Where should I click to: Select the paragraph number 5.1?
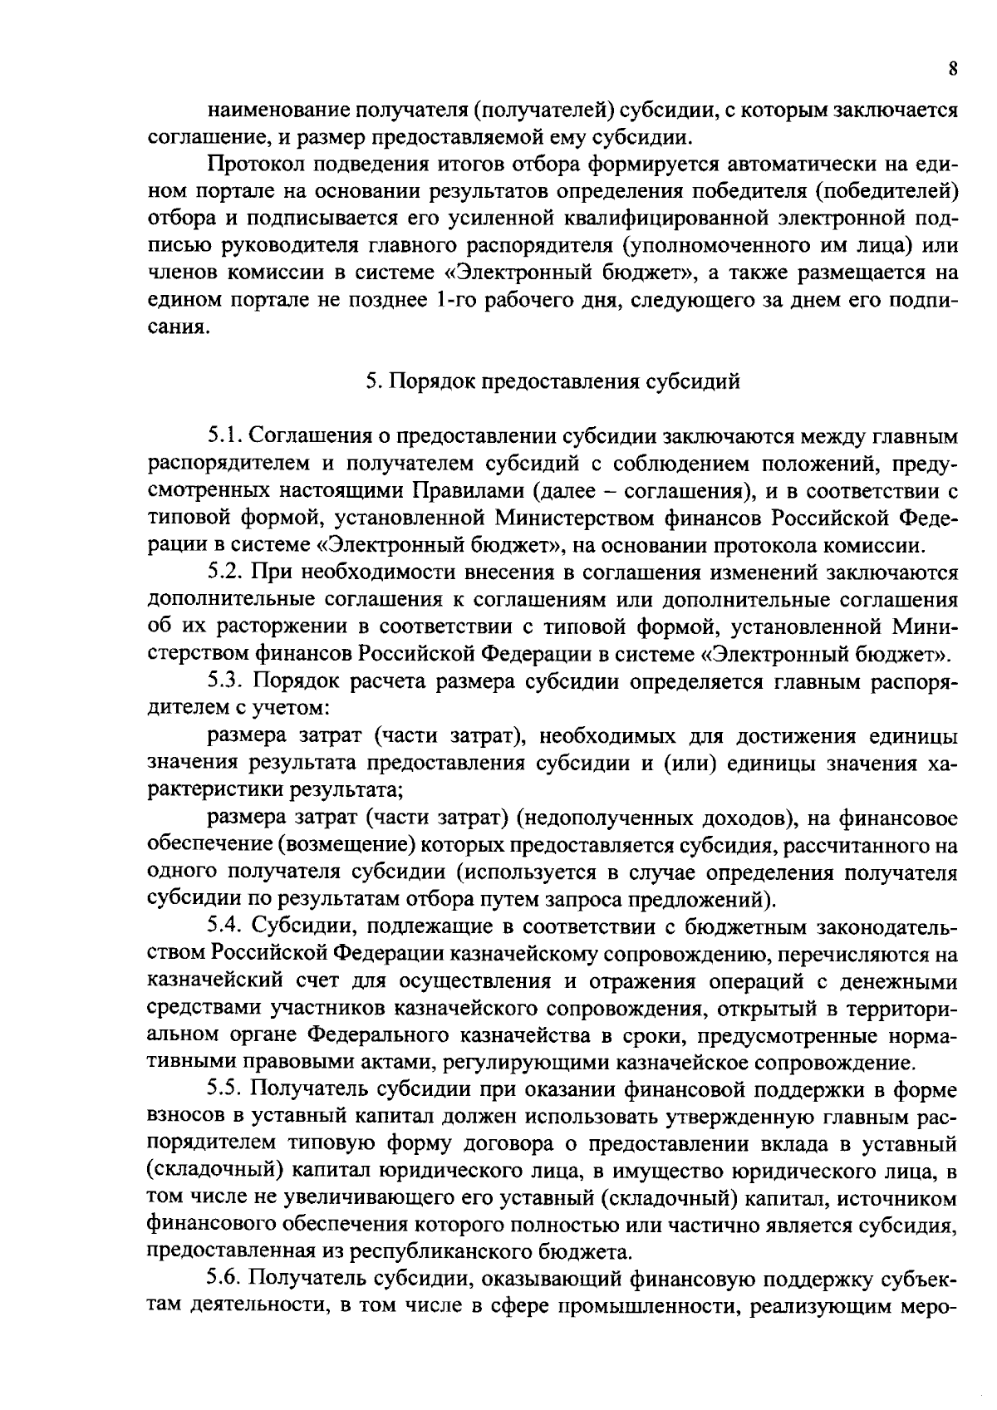click(x=224, y=435)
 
